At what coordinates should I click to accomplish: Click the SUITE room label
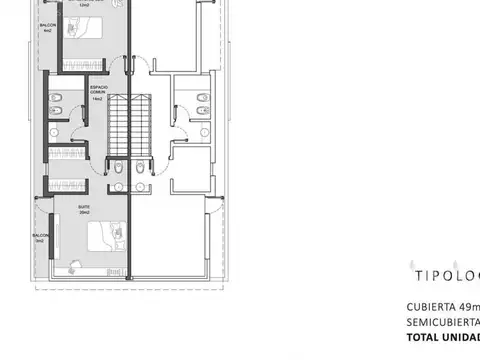tap(84, 207)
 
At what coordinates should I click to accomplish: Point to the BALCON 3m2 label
tap(40, 238)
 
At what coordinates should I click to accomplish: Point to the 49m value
tap(470, 306)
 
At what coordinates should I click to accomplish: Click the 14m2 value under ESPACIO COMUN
tap(97, 100)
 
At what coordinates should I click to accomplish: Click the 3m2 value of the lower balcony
tap(40, 242)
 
